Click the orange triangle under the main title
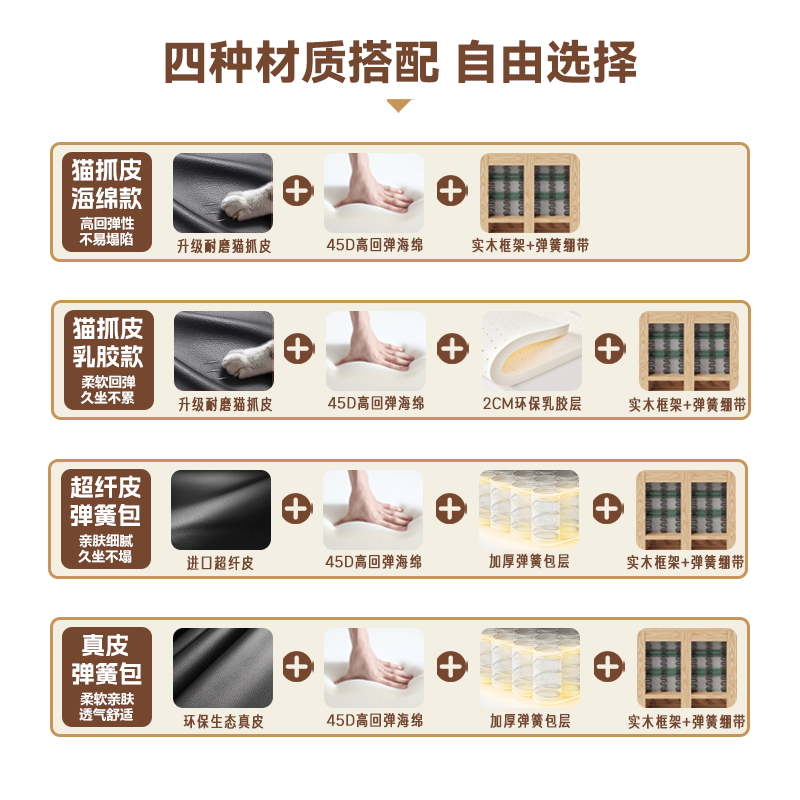pyautogui.click(x=399, y=105)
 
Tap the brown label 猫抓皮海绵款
pyautogui.click(x=107, y=201)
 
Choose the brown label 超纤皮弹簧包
pyautogui.click(x=107, y=519)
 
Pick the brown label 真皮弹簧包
pyautogui.click(x=107, y=677)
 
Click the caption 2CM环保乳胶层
pyautogui.click(x=531, y=404)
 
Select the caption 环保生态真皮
pyautogui.click(x=223, y=721)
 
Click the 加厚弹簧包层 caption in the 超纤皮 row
pyautogui.click(x=529, y=562)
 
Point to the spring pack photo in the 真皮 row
pyautogui.click(x=529, y=667)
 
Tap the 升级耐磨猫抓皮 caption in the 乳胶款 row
pyautogui.click(x=224, y=404)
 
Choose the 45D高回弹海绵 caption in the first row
pyautogui.click(x=374, y=245)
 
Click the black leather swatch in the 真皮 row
pyautogui.click(x=222, y=666)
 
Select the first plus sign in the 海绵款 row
pyautogui.click(x=297, y=190)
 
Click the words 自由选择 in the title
pyautogui.click(x=546, y=62)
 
